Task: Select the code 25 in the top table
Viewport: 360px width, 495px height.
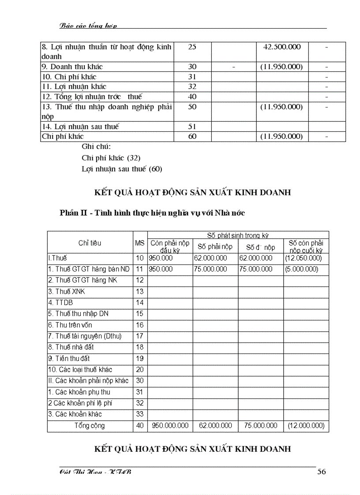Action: tap(192, 47)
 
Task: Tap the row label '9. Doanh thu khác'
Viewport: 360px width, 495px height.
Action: tap(72, 67)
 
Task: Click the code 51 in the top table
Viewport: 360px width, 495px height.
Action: tap(192, 127)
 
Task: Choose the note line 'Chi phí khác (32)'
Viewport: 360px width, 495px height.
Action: tap(111, 157)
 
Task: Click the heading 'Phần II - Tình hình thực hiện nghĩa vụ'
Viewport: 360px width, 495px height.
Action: tap(152, 213)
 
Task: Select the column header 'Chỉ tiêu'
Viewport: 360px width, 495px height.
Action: tap(90, 243)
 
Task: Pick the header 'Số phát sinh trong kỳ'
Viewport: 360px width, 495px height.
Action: tap(238, 235)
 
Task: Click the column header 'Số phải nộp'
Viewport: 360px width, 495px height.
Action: tap(215, 246)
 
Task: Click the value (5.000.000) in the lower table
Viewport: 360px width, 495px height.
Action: tap(302, 269)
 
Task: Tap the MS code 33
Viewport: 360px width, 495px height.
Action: tap(140, 414)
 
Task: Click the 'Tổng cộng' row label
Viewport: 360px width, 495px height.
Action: tap(90, 425)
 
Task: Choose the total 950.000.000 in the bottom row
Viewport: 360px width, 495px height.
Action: tap(170, 425)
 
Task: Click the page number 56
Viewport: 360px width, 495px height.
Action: tap(322, 472)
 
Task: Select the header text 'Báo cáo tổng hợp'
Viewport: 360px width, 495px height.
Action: tap(88, 26)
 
